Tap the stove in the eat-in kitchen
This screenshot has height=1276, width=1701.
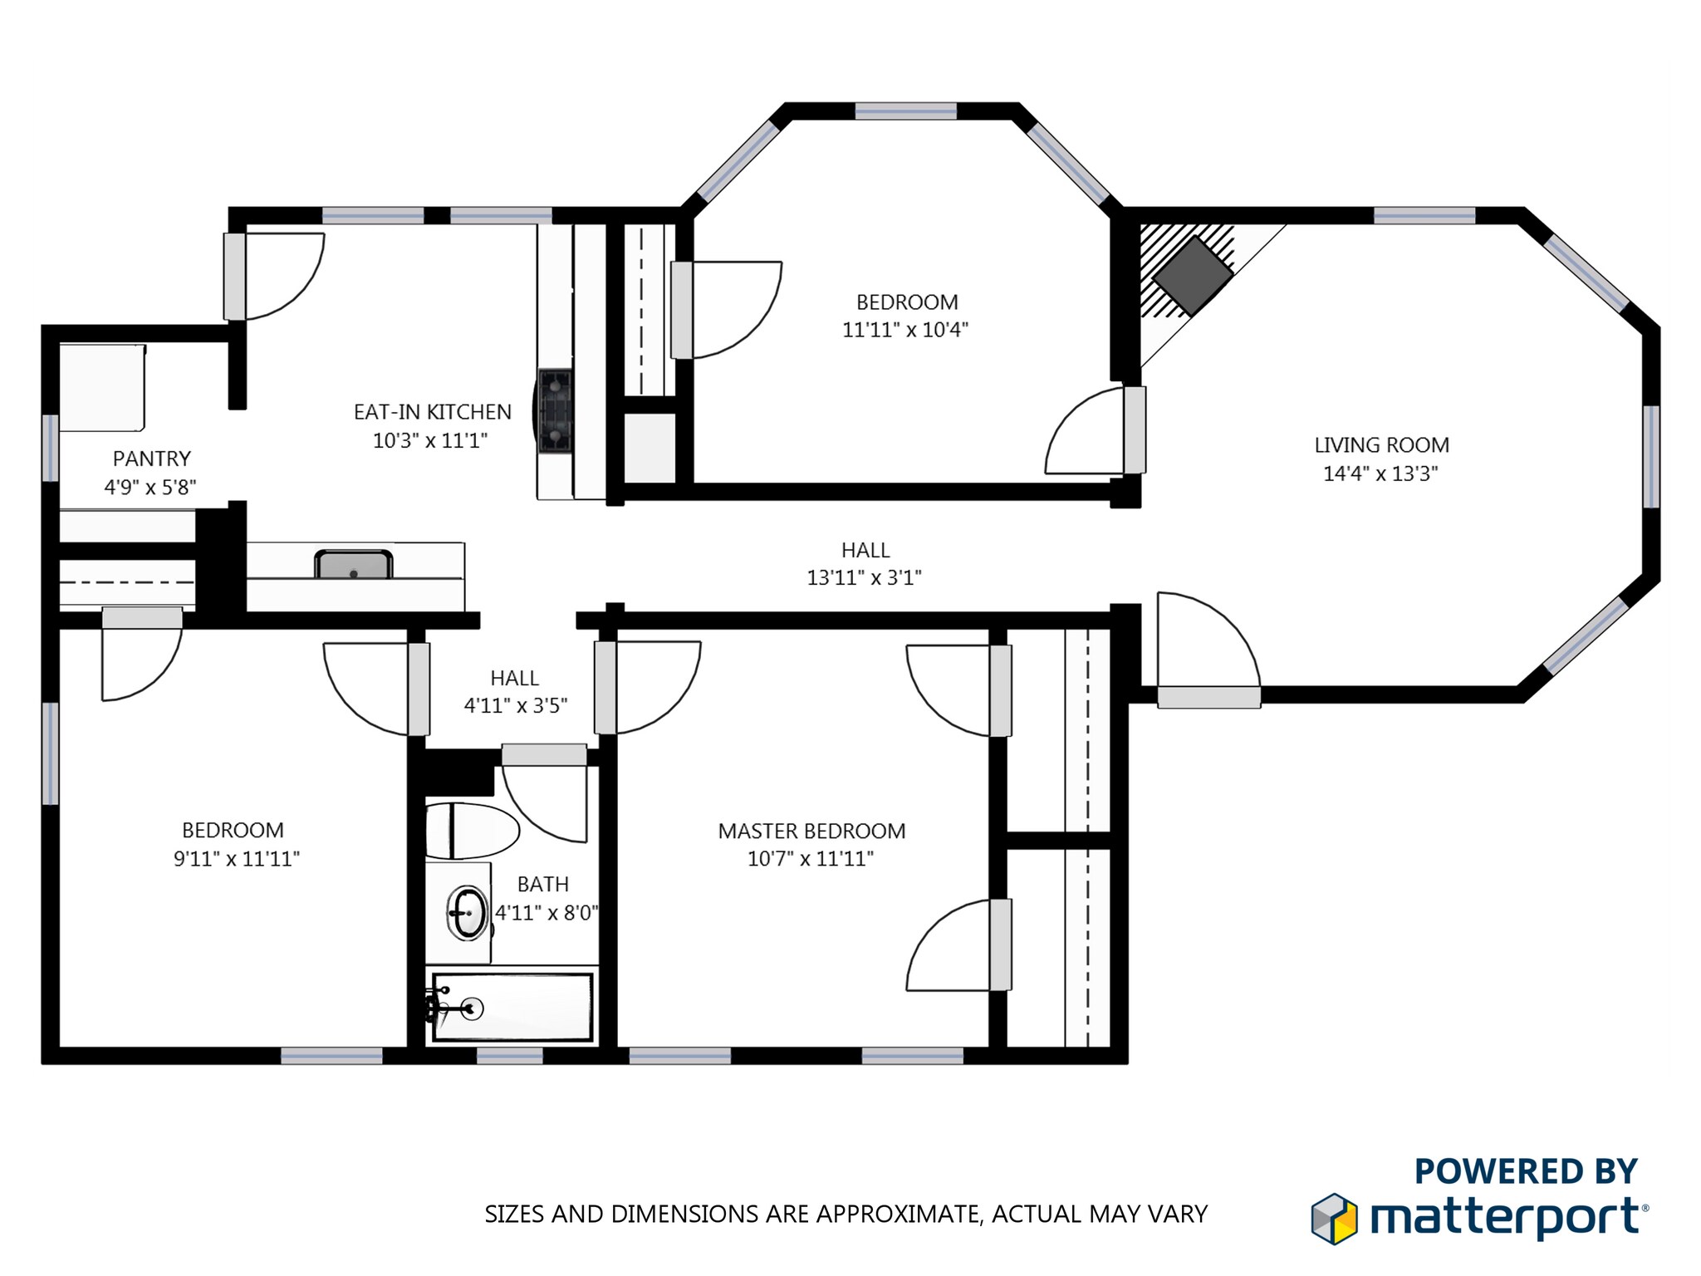pyautogui.click(x=555, y=411)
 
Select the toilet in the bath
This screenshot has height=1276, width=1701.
pyautogui.click(x=471, y=830)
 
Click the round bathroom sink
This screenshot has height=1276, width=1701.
pyautogui.click(x=468, y=913)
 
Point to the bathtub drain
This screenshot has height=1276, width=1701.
pyautogui.click(x=472, y=1009)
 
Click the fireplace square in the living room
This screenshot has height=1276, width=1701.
pyautogui.click(x=1192, y=276)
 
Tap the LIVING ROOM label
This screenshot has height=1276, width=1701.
pyautogui.click(x=1381, y=445)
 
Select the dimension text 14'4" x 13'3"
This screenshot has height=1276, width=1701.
pyautogui.click(x=1380, y=474)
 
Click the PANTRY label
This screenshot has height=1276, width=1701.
pyautogui.click(x=151, y=459)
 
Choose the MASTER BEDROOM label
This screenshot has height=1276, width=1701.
pyautogui.click(x=811, y=831)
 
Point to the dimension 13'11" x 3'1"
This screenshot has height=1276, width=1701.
pyautogui.click(x=864, y=577)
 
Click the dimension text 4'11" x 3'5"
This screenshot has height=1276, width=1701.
pyautogui.click(x=515, y=705)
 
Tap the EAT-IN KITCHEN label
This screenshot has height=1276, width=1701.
pyautogui.click(x=432, y=412)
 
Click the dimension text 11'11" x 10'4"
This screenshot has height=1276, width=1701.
pyautogui.click(x=904, y=330)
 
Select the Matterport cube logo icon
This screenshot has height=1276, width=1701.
pyautogui.click(x=1334, y=1219)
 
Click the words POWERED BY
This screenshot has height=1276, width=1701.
pyautogui.click(x=1526, y=1171)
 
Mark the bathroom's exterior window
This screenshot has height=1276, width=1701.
pyautogui.click(x=509, y=1056)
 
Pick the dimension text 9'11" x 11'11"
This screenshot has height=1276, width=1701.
pyautogui.click(x=236, y=859)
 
